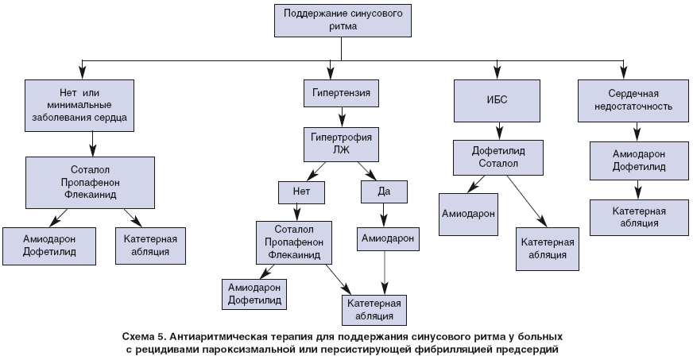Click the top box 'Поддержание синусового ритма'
pos(343,19)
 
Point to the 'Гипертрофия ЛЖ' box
pos(343,143)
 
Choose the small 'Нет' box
pos(296,192)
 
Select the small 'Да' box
pos(384,192)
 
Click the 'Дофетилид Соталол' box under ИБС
pos(498,157)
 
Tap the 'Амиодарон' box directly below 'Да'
pos(387,238)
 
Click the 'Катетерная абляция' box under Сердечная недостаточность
pos(638,217)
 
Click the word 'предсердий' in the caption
pos(532,348)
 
